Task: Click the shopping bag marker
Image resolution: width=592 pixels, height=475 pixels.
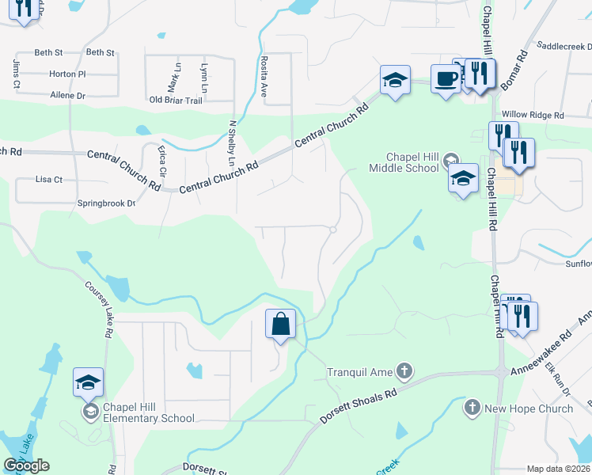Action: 280,324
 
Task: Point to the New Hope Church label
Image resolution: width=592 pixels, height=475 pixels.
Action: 529,408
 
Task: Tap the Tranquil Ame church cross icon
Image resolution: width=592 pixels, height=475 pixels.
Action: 404,370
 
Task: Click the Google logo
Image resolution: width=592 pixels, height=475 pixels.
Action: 26,465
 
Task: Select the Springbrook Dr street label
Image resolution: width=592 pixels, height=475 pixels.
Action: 107,203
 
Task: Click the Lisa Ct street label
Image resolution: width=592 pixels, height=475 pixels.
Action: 49,180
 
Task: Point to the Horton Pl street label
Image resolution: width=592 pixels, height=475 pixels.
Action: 67,74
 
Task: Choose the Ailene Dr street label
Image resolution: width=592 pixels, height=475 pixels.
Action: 67,95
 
